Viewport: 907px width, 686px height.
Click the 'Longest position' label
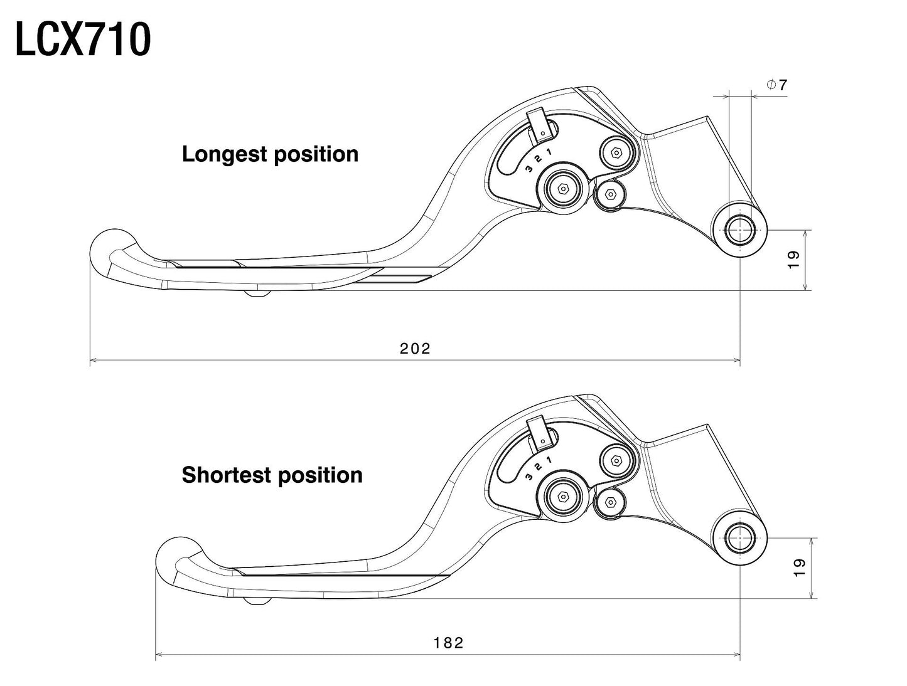[x=270, y=154]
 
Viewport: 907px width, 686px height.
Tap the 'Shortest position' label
[x=272, y=475]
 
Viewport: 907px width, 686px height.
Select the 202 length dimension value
[x=415, y=349]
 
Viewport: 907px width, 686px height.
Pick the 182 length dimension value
[x=448, y=643]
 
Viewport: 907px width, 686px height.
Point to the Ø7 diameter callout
[x=776, y=85]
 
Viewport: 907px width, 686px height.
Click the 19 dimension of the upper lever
[x=793, y=260]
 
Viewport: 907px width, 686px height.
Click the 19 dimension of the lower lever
[x=799, y=567]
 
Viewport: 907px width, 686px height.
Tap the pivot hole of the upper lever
[x=740, y=230]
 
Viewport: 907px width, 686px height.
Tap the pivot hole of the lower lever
[x=740, y=538]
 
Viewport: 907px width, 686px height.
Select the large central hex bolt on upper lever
[x=562, y=188]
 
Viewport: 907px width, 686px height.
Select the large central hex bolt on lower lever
[x=562, y=496]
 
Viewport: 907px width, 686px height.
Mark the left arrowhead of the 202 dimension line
[x=94, y=361]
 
